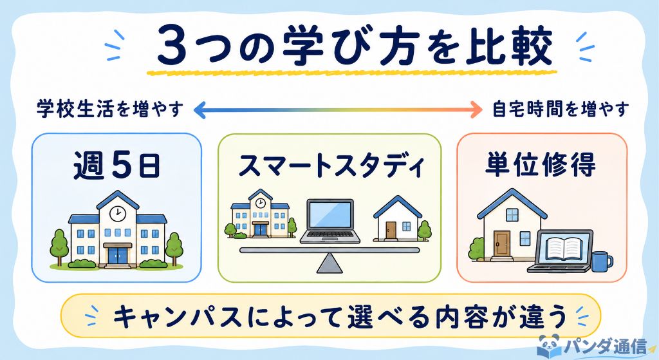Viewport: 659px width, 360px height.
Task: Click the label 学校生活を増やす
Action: click(110, 109)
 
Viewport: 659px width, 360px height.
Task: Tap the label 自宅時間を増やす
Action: click(561, 109)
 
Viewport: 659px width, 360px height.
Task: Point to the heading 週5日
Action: click(116, 166)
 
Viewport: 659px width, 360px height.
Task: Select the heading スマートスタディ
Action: click(330, 166)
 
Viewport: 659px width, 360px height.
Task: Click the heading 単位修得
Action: click(541, 164)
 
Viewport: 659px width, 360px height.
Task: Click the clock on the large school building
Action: click(117, 213)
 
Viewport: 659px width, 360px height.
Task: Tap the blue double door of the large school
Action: click(118, 255)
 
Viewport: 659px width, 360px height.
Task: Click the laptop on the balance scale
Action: click(330, 221)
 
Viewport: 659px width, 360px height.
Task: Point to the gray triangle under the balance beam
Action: click(329, 263)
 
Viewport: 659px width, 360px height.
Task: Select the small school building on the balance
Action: click(260, 214)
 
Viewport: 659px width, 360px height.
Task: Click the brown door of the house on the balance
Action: click(391, 230)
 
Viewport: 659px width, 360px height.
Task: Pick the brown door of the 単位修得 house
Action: click(502, 243)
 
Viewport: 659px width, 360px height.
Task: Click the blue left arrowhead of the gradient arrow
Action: click(200, 109)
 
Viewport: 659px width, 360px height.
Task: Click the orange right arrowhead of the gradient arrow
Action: click(476, 109)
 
